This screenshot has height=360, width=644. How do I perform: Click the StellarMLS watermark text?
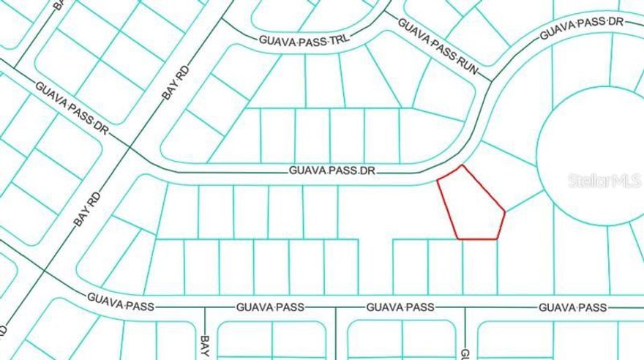tap(604, 181)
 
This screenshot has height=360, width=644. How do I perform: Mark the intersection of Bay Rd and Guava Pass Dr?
tap(130, 149)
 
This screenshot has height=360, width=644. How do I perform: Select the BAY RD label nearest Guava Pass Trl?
tap(176, 86)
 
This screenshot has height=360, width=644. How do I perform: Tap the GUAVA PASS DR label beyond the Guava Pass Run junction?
tap(582, 29)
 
